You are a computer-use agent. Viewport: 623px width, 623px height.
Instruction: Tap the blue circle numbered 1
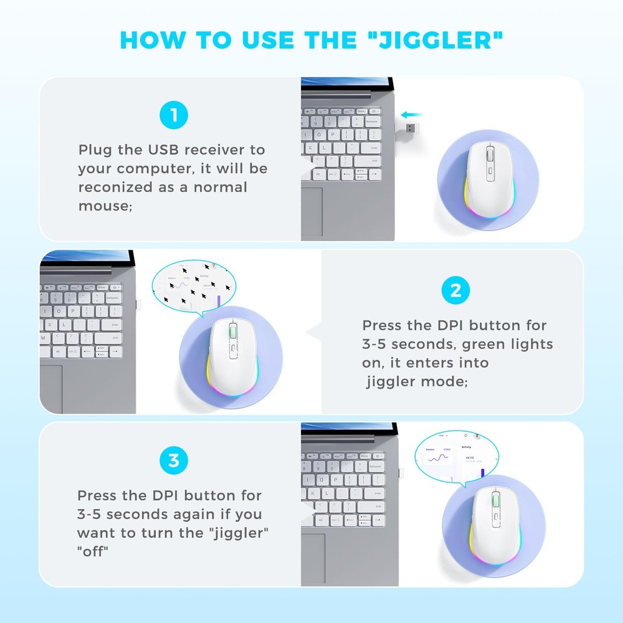pos(173,116)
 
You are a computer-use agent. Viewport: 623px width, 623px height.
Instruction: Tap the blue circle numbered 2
pos(455,291)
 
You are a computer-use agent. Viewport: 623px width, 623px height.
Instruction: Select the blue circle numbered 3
pos(173,461)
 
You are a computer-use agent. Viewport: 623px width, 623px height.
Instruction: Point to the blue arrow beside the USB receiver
pos(412,115)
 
